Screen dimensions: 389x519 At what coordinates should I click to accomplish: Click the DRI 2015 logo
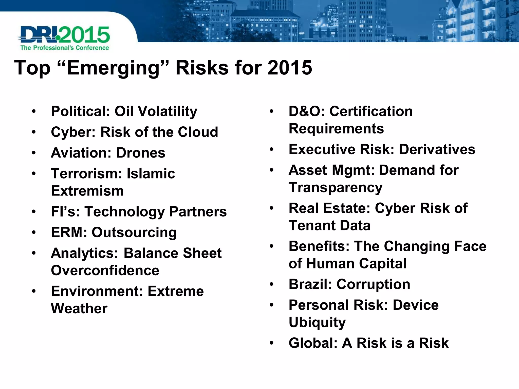pyautogui.click(x=64, y=35)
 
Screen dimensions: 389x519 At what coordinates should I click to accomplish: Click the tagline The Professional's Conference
pyautogui.click(x=65, y=48)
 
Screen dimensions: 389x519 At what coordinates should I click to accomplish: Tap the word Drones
pyautogui.click(x=141, y=153)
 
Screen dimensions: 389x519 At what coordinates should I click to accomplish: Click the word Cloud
pyautogui.click(x=198, y=132)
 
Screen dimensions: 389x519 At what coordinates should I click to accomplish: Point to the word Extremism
pyautogui.click(x=87, y=191)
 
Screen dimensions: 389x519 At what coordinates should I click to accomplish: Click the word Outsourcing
pyautogui.click(x=134, y=232)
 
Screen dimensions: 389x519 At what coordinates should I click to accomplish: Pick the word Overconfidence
pyautogui.click(x=105, y=270)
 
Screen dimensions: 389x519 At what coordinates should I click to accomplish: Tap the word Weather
pyautogui.click(x=79, y=308)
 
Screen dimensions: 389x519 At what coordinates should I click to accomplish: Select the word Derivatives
pyautogui.click(x=437, y=149)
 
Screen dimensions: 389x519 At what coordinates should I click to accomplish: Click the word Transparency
pyautogui.click(x=335, y=188)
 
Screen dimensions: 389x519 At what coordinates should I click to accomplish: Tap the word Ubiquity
pyautogui.click(x=317, y=322)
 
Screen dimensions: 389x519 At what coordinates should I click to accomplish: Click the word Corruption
pyautogui.click(x=373, y=284)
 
